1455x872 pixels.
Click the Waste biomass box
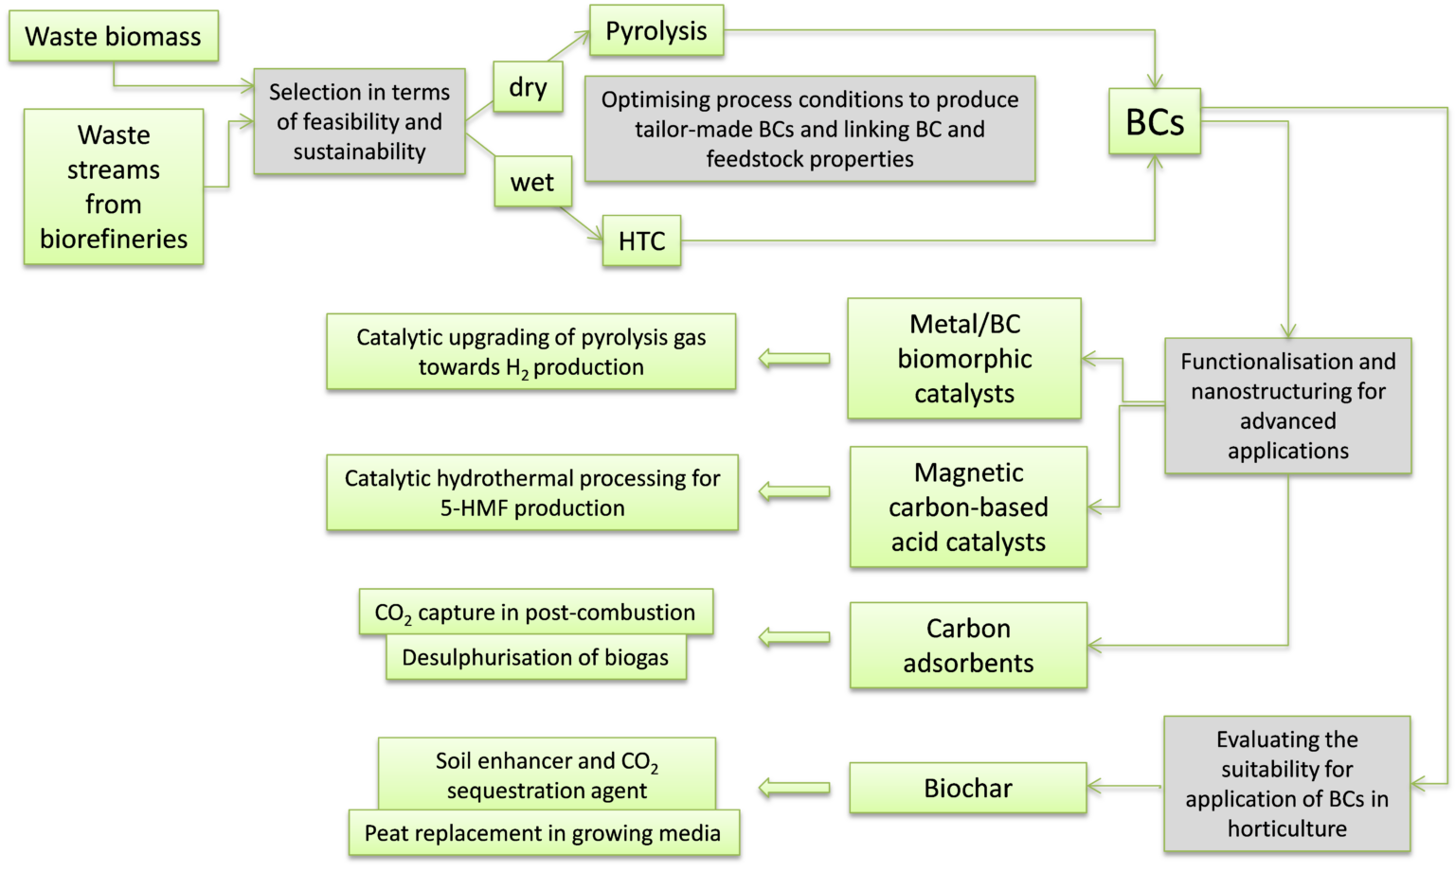pyautogui.click(x=114, y=36)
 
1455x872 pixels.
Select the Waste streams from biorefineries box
pyautogui.click(x=114, y=187)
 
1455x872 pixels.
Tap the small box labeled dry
pyautogui.click(x=528, y=87)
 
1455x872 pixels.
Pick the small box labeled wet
pyautogui.click(x=532, y=182)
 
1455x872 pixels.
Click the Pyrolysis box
pyautogui.click(x=656, y=30)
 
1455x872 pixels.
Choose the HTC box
pyautogui.click(x=641, y=240)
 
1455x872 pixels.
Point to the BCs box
pyautogui.click(x=1155, y=121)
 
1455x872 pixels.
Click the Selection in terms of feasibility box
pyautogui.click(x=359, y=121)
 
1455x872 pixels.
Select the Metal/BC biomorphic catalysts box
pyautogui.click(x=964, y=358)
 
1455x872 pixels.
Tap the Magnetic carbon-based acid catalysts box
pyautogui.click(x=968, y=507)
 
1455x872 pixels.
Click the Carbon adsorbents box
pyautogui.click(x=968, y=645)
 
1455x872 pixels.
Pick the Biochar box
pyautogui.click(x=968, y=788)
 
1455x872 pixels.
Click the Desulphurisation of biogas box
pyautogui.click(x=535, y=658)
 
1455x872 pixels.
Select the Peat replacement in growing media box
pyautogui.click(x=543, y=833)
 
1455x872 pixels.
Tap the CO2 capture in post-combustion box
pyautogui.click(x=535, y=613)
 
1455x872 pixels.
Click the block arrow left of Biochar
pyautogui.click(x=795, y=787)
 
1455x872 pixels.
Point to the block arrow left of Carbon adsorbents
pyautogui.click(x=795, y=636)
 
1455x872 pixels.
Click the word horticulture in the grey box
pyautogui.click(x=1286, y=828)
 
